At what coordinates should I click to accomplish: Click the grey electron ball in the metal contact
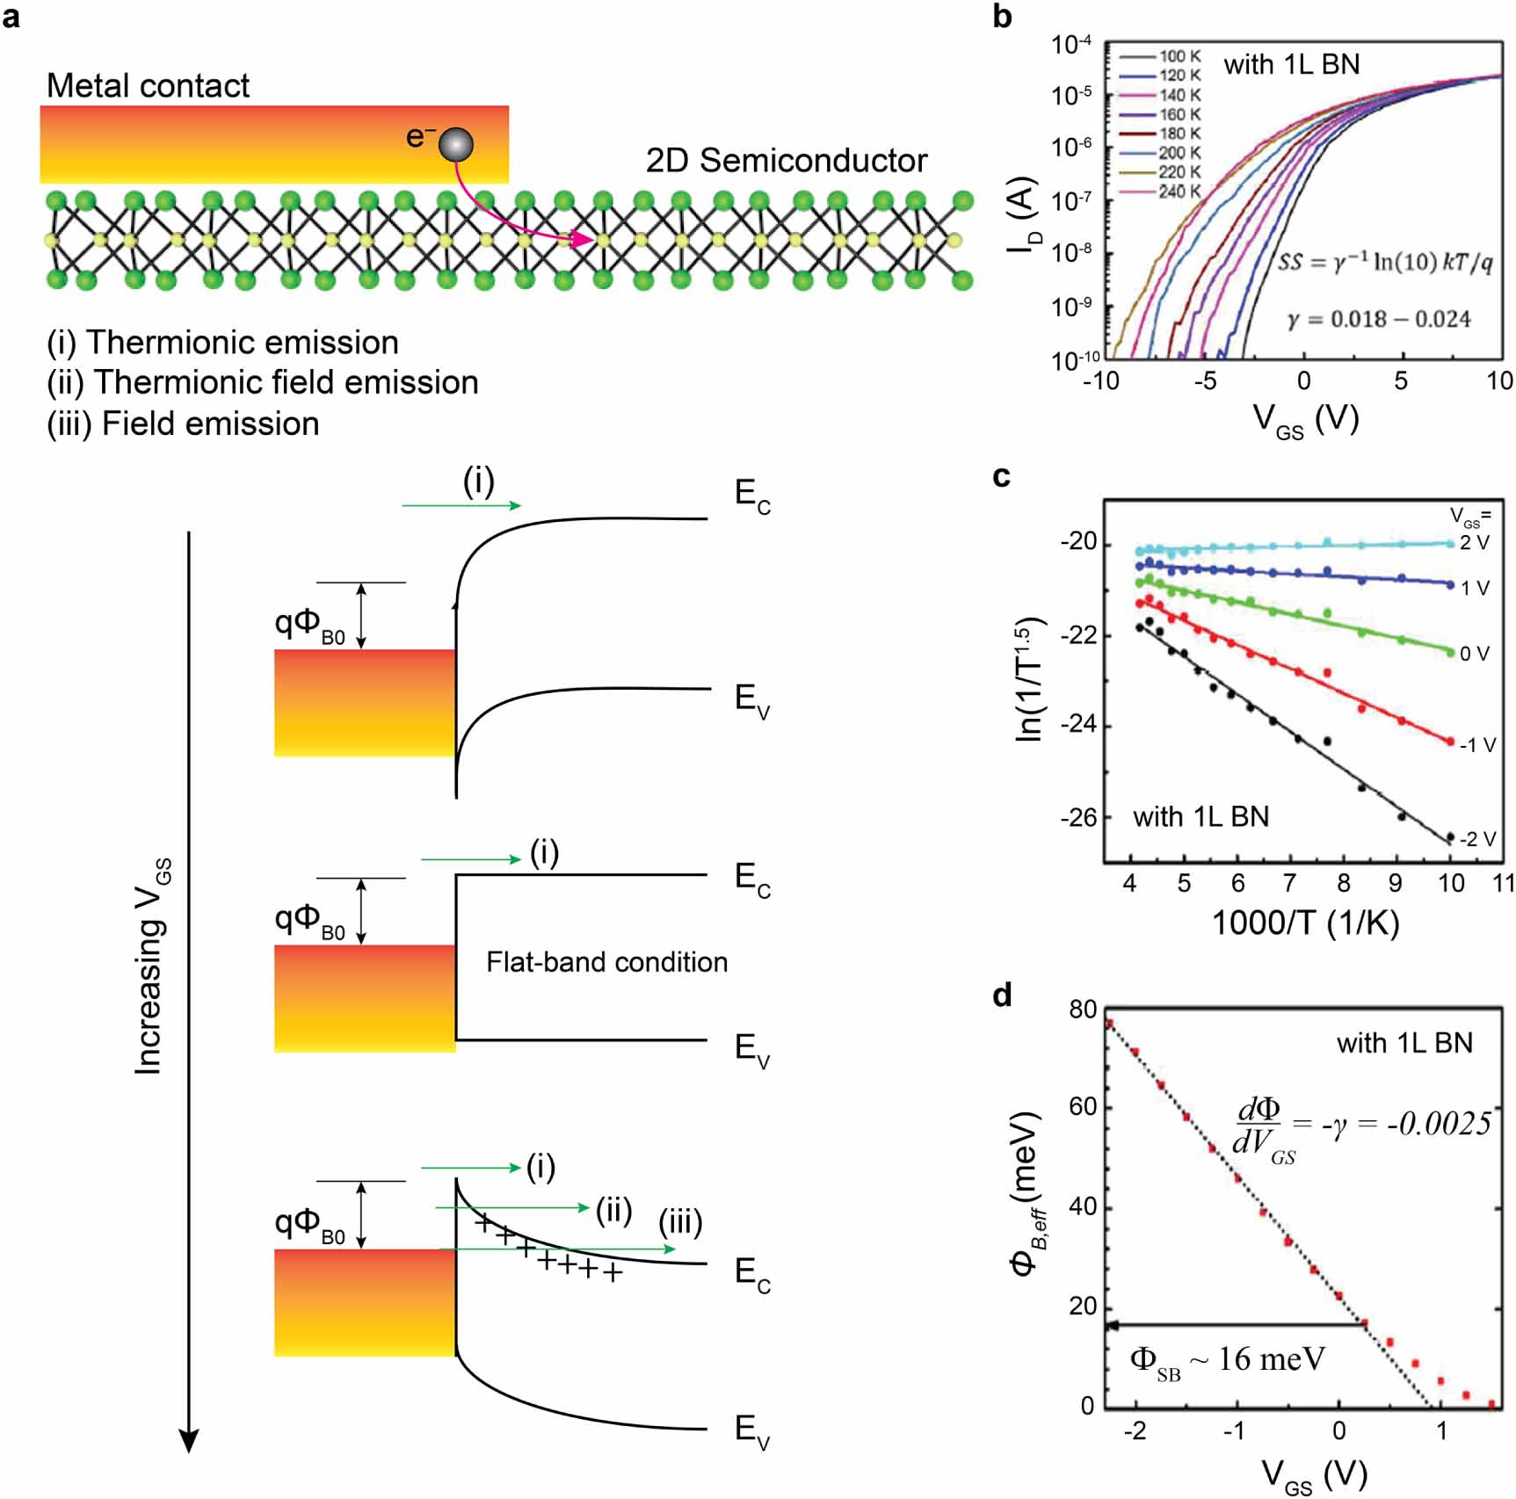pos(456,145)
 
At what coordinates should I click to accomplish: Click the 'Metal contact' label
pos(148,86)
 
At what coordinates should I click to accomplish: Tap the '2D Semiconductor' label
pos(787,161)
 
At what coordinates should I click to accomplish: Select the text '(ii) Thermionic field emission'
pos(263,383)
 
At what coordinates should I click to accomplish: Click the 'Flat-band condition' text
pos(606,962)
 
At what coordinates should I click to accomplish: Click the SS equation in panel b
pos(1384,262)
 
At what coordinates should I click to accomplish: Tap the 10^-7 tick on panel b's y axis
pos(1072,201)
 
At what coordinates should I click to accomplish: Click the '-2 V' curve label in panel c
pos(1477,839)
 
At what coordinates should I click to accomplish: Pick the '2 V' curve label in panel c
pos(1474,543)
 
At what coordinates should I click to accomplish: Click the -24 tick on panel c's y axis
pos(1078,726)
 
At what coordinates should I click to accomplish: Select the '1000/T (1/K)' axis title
pos(1305,923)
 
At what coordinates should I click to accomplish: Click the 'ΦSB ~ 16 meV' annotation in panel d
pos(1227,1361)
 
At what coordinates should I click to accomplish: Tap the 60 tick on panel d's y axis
pos(1083,1106)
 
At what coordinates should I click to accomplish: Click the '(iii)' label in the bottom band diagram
pos(680,1222)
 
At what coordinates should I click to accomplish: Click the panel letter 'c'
pos(1001,477)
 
